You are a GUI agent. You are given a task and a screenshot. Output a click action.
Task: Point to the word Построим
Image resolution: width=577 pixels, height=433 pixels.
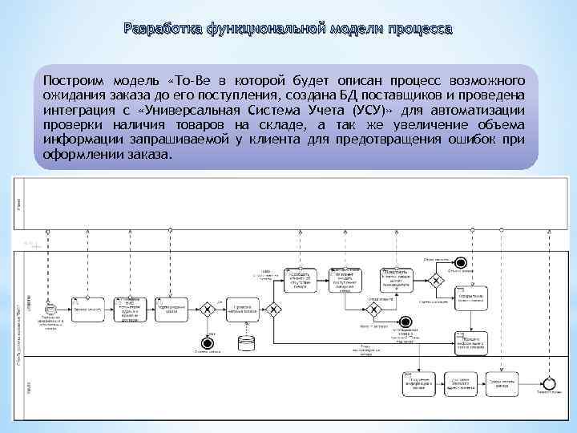tap(75, 82)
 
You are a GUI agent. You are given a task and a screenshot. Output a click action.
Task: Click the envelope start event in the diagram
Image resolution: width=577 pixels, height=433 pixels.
tap(50, 309)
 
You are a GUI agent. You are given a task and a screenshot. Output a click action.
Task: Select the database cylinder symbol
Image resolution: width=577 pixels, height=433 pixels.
tap(247, 343)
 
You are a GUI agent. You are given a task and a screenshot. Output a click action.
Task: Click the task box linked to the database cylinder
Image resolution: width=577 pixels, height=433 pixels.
tap(247, 309)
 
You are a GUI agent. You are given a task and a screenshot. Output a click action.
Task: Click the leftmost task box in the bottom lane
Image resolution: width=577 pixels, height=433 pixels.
tap(418, 384)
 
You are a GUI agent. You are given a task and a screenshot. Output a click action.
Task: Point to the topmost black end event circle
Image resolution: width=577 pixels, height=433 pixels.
tap(460, 262)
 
